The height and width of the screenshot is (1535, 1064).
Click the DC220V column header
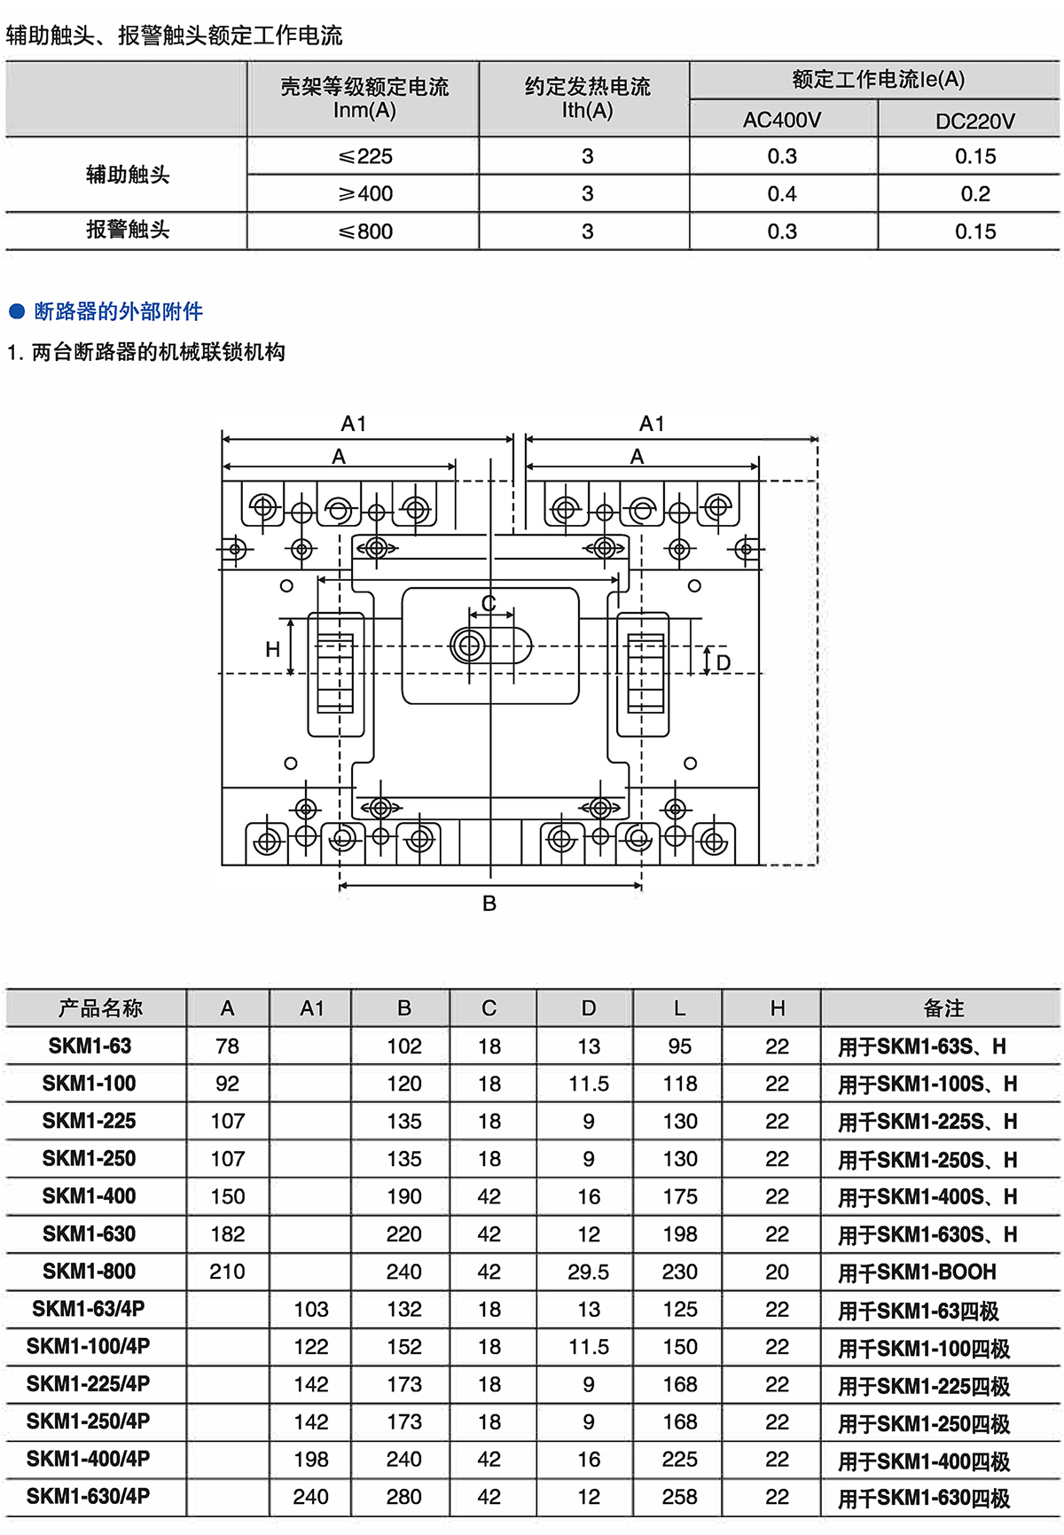click(x=974, y=121)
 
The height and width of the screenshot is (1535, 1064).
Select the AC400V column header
click(x=782, y=120)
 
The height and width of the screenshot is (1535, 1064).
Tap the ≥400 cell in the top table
click(x=365, y=193)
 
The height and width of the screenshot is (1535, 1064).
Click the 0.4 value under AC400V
click(x=782, y=193)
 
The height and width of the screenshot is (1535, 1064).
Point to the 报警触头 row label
click(x=128, y=231)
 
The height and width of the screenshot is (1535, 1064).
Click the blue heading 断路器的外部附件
click(x=118, y=311)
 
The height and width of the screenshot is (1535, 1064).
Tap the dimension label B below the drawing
click(x=489, y=904)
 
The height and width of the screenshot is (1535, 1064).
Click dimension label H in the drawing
click(x=273, y=649)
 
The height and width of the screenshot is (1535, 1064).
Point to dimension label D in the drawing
click(x=724, y=663)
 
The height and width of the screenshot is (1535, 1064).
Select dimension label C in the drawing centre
click(x=489, y=604)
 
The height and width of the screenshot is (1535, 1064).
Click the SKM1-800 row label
click(x=90, y=1272)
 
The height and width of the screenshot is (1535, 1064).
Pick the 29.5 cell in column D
click(x=589, y=1272)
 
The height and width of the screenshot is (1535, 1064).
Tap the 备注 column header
click(x=943, y=1008)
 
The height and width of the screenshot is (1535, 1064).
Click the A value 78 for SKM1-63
click(x=227, y=1046)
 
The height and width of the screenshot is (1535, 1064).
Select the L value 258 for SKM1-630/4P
click(x=679, y=1497)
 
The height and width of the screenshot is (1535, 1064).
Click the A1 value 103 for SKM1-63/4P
click(x=311, y=1309)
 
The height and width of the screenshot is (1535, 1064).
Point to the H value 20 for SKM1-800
click(x=777, y=1272)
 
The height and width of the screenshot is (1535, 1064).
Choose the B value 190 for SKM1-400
click(x=404, y=1196)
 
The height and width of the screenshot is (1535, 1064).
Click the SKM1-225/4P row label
click(x=89, y=1384)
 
